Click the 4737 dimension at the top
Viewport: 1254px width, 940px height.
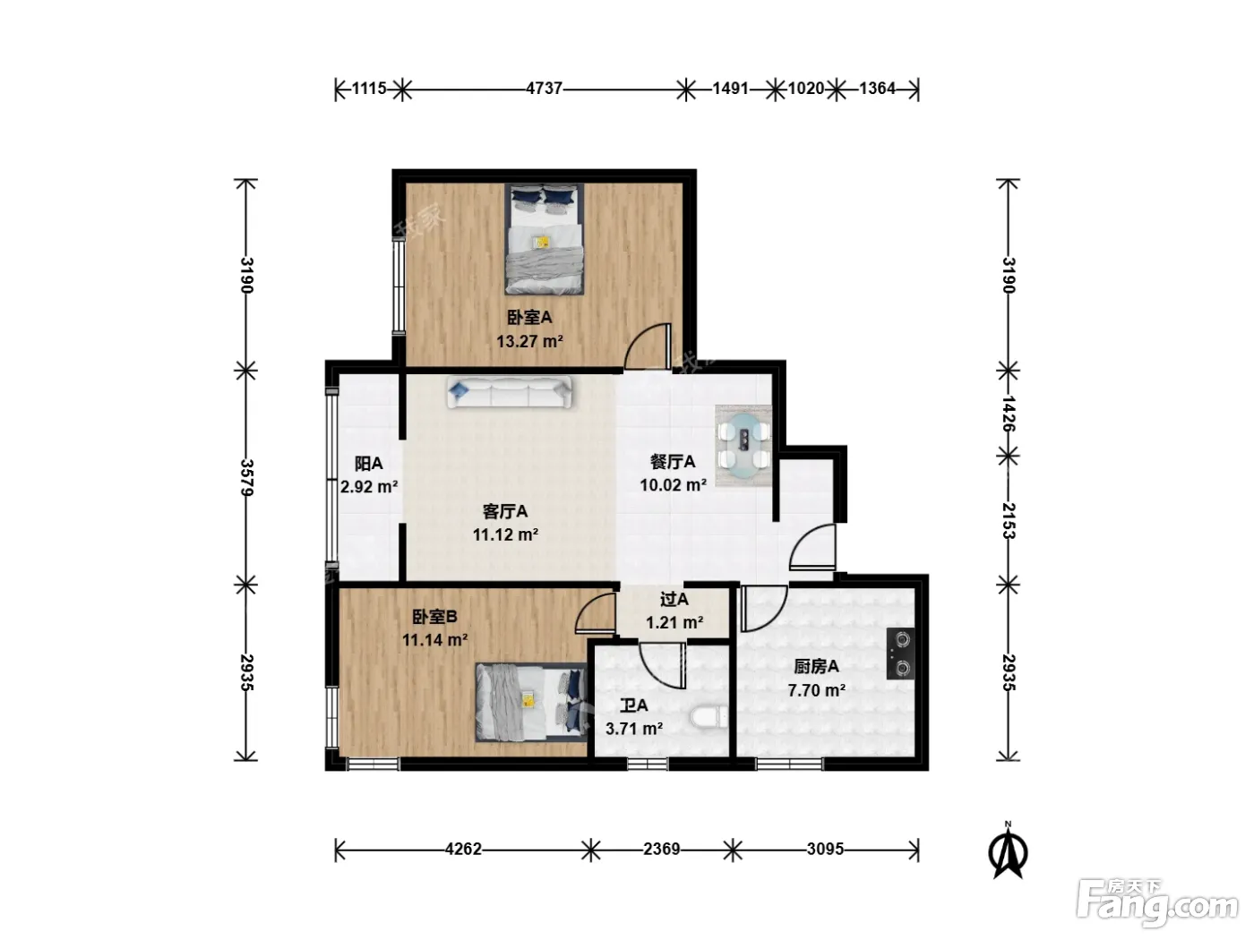pos(544,89)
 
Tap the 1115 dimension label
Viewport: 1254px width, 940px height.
pos(368,89)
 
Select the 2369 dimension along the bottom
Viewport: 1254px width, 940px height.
pos(662,850)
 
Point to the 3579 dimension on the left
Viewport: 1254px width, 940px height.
pos(246,478)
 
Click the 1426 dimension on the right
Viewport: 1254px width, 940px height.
pos(1009,414)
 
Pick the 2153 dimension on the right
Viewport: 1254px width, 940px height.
pos(1009,520)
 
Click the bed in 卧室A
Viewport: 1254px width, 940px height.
pos(544,238)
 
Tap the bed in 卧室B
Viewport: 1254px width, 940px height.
pos(531,702)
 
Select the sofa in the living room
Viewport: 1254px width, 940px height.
pos(509,391)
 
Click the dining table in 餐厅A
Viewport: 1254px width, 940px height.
pos(743,446)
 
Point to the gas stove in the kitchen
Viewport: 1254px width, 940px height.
pos(900,654)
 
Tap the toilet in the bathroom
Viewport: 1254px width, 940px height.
pos(709,717)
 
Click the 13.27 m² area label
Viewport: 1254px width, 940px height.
pos(529,341)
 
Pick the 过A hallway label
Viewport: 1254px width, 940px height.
pos(674,599)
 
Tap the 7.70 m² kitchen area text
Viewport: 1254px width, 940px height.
pos(816,690)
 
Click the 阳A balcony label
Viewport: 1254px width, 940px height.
pos(368,464)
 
